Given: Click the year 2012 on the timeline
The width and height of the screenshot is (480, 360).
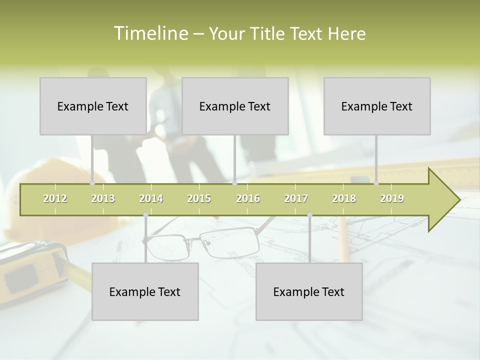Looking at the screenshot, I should pyautogui.click(x=55, y=198).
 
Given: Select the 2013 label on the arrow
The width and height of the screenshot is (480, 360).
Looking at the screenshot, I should pyautogui.click(x=103, y=198).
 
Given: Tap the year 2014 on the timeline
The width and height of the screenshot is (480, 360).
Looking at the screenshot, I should pyautogui.click(x=151, y=198).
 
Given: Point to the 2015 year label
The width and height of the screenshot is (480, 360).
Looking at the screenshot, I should pyautogui.click(x=199, y=198).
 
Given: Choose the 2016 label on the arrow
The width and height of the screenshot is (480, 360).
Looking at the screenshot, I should pyautogui.click(x=248, y=198).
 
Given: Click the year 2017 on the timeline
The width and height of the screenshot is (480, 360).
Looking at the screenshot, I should pyautogui.click(x=296, y=198).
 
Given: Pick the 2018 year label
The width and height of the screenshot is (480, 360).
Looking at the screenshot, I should pyautogui.click(x=344, y=198).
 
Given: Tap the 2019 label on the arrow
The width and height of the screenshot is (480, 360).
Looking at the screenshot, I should pyautogui.click(x=392, y=198).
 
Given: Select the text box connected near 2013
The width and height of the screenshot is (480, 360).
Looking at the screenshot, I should pyautogui.click(x=93, y=106).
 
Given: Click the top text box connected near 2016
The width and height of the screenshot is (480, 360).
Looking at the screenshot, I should pyautogui.click(x=235, y=106).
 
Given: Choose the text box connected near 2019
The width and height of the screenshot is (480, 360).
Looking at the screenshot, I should pyautogui.click(x=377, y=106).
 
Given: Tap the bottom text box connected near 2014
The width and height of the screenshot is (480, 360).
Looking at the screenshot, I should pyautogui.click(x=145, y=291).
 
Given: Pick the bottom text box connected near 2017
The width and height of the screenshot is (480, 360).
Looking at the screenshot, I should pyautogui.click(x=309, y=291).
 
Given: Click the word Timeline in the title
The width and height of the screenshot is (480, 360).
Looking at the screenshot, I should pyautogui.click(x=150, y=33).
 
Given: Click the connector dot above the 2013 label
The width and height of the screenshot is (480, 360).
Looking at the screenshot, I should pyautogui.click(x=92, y=183).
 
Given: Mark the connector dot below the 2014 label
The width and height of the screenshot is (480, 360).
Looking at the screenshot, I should pyautogui.click(x=145, y=215).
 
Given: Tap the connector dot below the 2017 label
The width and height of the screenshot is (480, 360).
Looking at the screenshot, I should pyautogui.click(x=309, y=215).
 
